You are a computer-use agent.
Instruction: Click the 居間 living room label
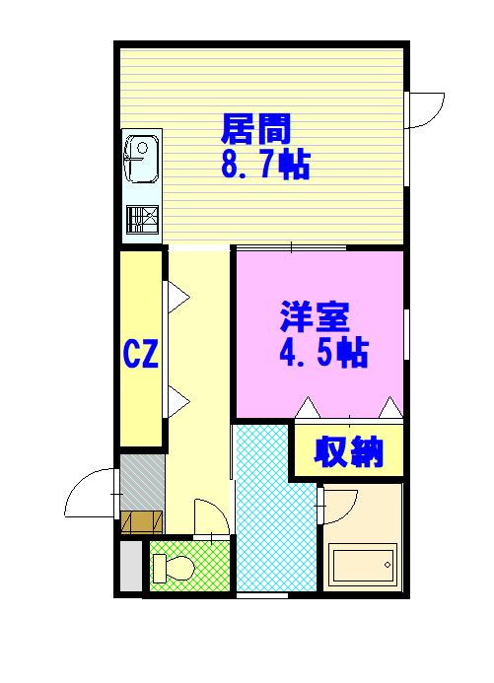point(255,129)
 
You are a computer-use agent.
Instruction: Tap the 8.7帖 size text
point(265,165)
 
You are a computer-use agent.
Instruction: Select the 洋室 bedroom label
point(315,316)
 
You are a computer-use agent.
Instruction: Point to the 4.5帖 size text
point(324,352)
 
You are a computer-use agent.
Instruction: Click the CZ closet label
point(141,354)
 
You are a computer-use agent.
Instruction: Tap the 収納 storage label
point(348,452)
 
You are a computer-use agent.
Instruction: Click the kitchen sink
point(141,158)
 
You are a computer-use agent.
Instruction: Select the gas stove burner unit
point(142,220)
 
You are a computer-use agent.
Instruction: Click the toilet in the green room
point(174,568)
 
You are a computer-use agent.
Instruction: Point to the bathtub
point(363,565)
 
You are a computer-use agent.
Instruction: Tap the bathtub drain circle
point(388,565)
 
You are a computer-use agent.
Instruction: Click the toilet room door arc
point(218,509)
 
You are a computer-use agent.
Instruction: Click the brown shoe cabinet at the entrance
point(142,522)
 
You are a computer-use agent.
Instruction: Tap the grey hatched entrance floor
point(142,482)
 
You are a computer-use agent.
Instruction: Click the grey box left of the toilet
point(131,567)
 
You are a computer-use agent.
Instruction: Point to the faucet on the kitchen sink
point(133,158)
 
